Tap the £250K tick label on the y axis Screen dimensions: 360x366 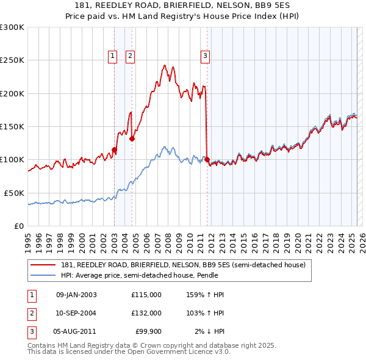click(x=13, y=60)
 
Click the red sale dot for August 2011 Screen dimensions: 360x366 click(x=207, y=160)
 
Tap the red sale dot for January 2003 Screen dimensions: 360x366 click(x=114, y=149)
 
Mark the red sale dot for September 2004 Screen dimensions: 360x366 click(x=132, y=139)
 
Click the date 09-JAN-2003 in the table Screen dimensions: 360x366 click(x=76, y=295)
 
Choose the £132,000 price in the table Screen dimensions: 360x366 click(x=146, y=313)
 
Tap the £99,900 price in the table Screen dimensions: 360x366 click(x=148, y=331)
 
